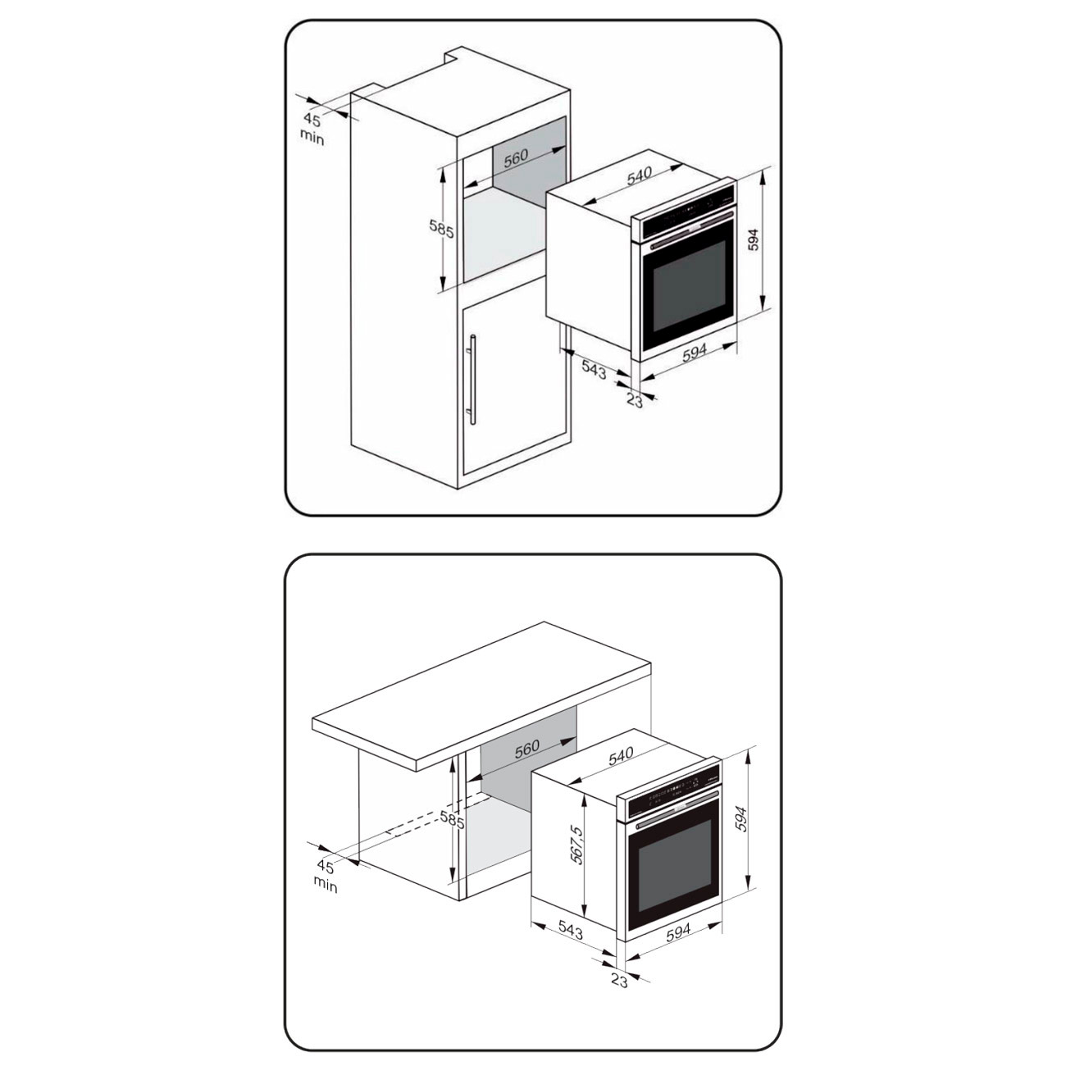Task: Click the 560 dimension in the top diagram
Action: point(516,157)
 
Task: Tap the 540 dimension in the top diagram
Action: point(639,176)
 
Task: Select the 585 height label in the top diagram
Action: point(442,229)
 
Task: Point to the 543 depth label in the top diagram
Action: point(594,370)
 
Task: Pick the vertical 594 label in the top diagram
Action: point(753,239)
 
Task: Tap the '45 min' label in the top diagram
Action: point(312,129)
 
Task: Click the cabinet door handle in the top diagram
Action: point(473,380)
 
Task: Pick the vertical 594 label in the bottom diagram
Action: point(741,819)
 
